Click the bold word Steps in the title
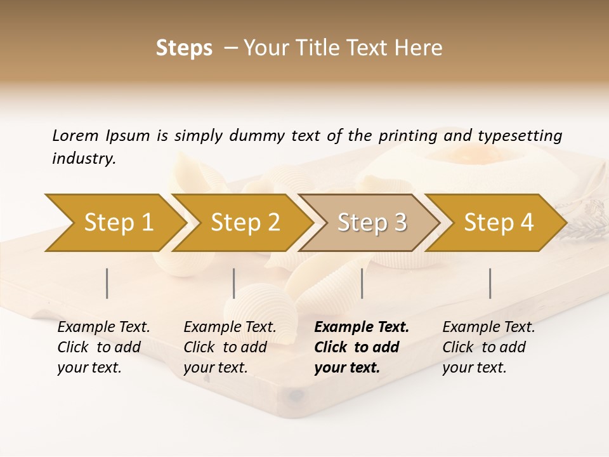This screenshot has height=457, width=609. [x=184, y=48]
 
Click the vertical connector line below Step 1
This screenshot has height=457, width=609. [x=107, y=283]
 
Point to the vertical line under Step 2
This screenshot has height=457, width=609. [x=234, y=283]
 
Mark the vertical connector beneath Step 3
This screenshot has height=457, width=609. [x=362, y=283]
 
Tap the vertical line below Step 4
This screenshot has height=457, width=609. [x=490, y=283]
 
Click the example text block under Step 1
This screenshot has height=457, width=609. [x=103, y=347]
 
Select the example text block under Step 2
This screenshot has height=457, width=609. [x=230, y=347]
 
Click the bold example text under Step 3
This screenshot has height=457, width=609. [x=362, y=347]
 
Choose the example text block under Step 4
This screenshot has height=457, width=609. [x=488, y=347]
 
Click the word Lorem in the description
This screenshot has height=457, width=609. [x=75, y=136]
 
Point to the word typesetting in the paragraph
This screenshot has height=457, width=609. [x=520, y=136]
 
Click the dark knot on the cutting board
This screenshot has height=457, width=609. [x=296, y=396]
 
